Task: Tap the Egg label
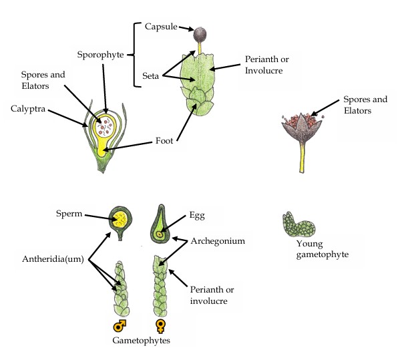point(197,216)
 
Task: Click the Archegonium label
point(216,240)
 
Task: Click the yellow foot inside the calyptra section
point(102,148)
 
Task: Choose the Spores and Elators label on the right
point(365,105)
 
